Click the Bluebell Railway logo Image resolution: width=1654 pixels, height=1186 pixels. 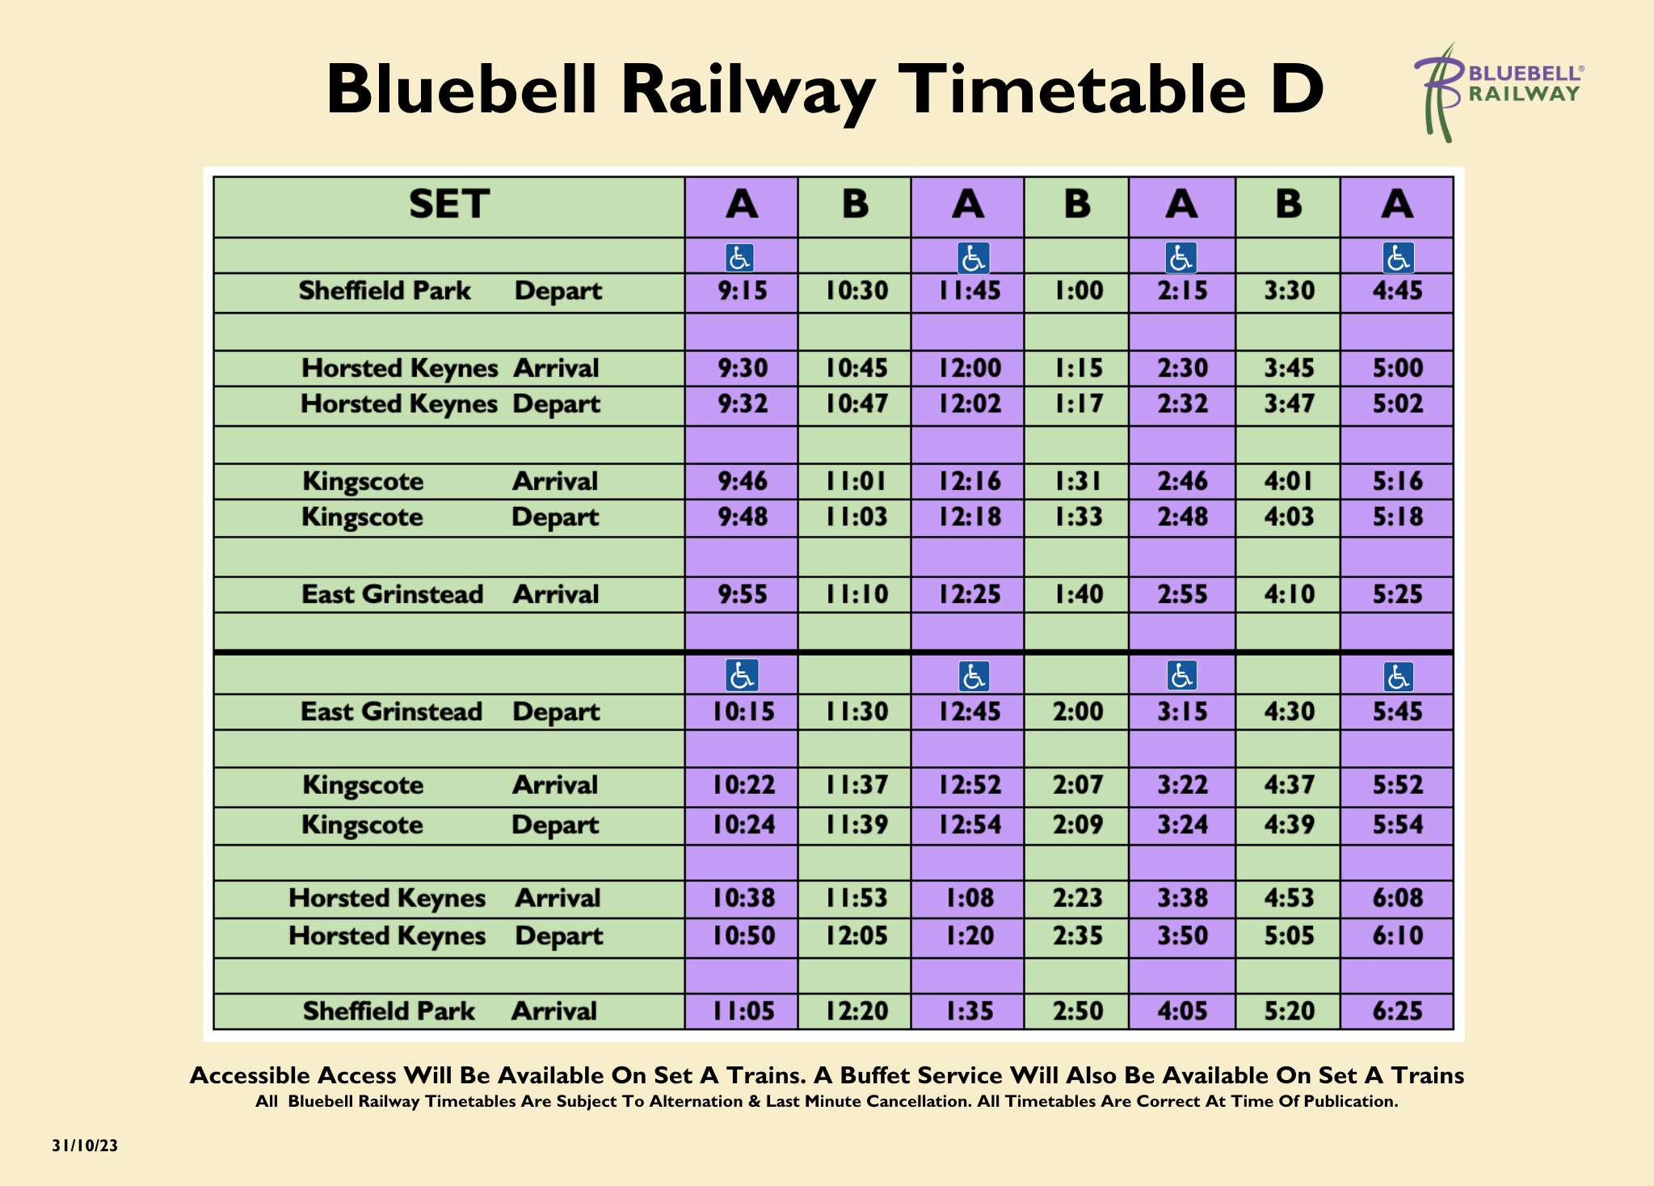(x=1498, y=92)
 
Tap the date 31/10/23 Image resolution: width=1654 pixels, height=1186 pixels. (x=85, y=1146)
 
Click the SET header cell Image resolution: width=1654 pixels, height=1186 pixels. (x=449, y=205)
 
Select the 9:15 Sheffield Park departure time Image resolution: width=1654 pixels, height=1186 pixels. (x=743, y=291)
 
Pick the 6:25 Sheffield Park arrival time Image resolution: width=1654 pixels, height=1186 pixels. (x=1398, y=1011)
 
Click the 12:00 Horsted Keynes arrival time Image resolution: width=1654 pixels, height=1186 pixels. (x=969, y=368)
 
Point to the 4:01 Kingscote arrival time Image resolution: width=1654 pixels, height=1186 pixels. (x=1289, y=481)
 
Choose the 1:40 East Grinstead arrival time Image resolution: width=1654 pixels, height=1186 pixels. (x=1078, y=594)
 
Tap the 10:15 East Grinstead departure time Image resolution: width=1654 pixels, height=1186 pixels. (x=743, y=711)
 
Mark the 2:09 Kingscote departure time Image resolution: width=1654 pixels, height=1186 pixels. (x=1078, y=825)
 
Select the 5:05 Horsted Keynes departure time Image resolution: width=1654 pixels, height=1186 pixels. (x=1289, y=935)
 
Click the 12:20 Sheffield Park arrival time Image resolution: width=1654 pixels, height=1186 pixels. (x=856, y=1011)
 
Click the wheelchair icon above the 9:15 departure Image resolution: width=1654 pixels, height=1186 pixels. (x=740, y=258)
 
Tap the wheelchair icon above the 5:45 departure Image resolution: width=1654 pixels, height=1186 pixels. (x=1399, y=677)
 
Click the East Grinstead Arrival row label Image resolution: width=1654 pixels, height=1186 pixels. (x=450, y=594)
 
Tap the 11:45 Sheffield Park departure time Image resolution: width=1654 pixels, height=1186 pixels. (x=969, y=291)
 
